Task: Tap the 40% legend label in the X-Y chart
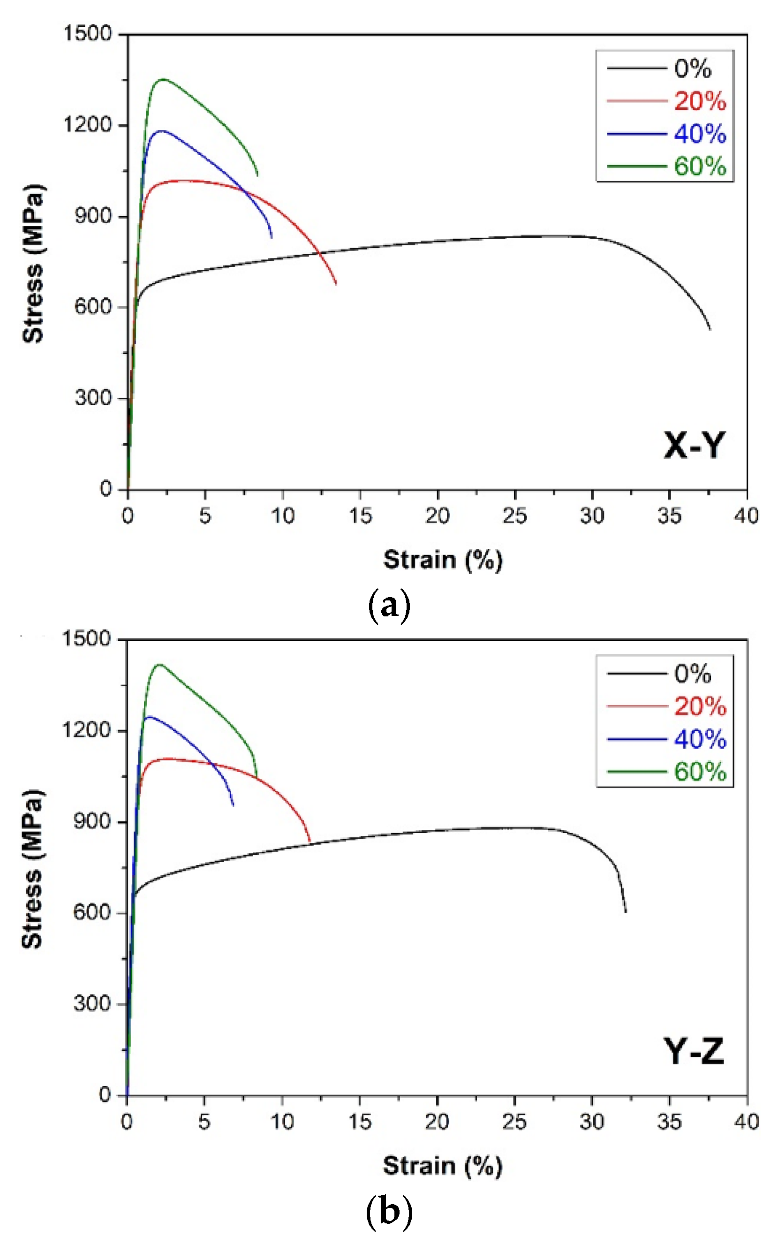point(700,134)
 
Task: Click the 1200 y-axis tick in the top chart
point(87,125)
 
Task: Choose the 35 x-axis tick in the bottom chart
point(669,1122)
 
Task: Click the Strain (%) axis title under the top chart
point(443,560)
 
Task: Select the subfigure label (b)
point(390,1212)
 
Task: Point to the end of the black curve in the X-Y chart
point(710,329)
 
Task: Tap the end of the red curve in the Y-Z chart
point(310,842)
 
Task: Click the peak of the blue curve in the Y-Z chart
point(149,717)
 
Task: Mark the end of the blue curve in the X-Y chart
point(272,238)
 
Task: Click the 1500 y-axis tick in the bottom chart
point(86,639)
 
